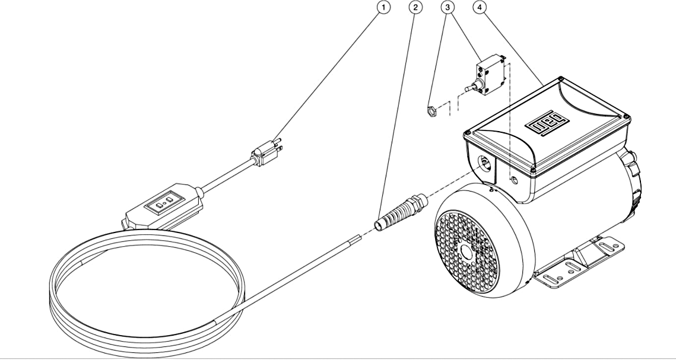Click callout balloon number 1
[x=383, y=7]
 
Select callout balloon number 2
[x=415, y=7]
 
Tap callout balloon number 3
[x=448, y=7]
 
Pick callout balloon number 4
[x=480, y=7]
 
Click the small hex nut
[x=431, y=112]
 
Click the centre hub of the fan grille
[x=466, y=252]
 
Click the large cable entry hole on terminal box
[x=484, y=163]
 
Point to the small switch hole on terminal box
[x=514, y=180]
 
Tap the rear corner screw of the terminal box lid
[x=560, y=79]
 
